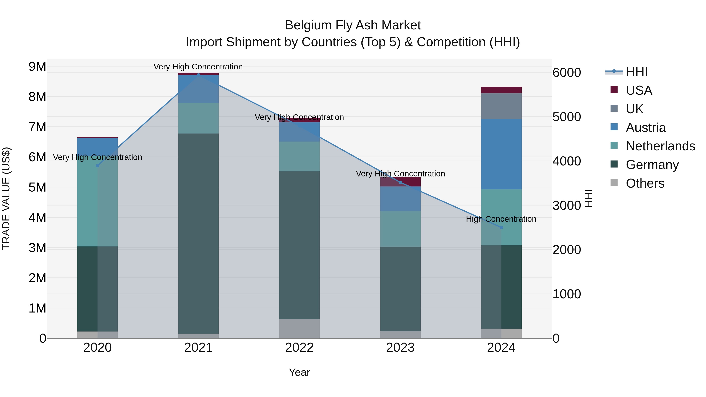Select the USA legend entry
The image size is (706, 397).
click(x=639, y=90)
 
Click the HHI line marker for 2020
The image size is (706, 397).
click(x=98, y=165)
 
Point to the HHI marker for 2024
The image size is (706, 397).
click(x=501, y=227)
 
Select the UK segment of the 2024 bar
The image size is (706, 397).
click(x=501, y=106)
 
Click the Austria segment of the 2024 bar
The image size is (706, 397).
click(x=501, y=154)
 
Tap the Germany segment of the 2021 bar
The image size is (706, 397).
click(x=198, y=233)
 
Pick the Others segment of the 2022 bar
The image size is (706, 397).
click(x=299, y=329)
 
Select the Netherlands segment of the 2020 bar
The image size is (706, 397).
click(x=98, y=201)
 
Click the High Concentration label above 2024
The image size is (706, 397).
click(x=501, y=219)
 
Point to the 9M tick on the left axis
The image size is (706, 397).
click(x=37, y=67)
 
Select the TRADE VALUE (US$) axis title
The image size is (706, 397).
click(x=6, y=198)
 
